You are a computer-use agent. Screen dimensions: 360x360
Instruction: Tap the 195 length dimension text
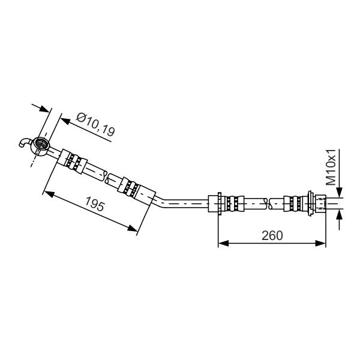coord(95,204)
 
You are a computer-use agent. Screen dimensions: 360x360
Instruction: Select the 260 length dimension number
coord(272,236)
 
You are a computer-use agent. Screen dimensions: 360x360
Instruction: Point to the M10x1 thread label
coord(331,167)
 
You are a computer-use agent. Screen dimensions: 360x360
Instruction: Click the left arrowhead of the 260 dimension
coord(223,244)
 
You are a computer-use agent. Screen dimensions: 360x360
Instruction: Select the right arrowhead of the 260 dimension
coord(320,244)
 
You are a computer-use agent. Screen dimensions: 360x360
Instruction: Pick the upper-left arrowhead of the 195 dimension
coord(49,194)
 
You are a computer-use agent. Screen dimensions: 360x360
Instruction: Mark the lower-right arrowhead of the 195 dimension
coord(133,228)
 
